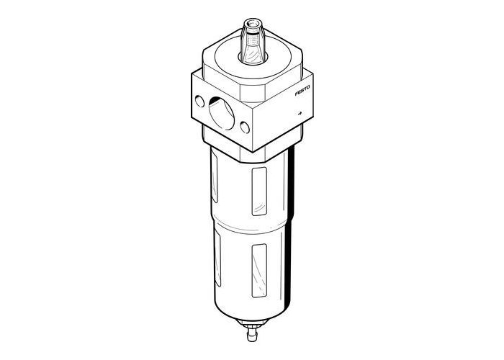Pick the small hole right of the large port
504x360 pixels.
(x=246, y=128)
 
